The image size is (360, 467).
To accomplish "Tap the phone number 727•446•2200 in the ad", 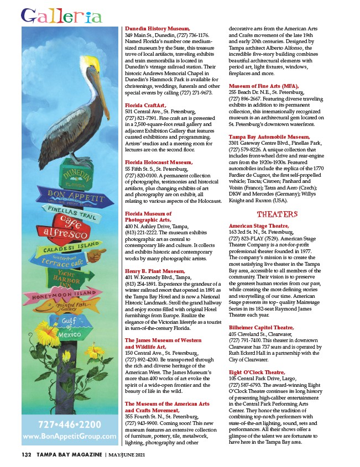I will click(x=69, y=425).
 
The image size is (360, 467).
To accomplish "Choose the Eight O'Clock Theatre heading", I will click(x=258, y=372).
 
